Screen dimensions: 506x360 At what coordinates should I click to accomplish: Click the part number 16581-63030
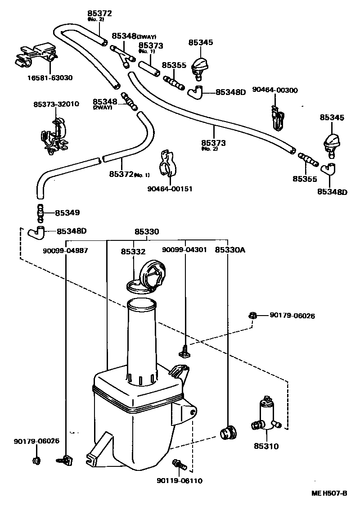pos(49,78)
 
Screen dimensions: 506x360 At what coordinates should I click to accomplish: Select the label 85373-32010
pos(56,104)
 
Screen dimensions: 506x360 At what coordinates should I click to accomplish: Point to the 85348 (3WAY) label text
pos(134,36)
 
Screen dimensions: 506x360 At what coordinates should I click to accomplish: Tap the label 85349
pos(67,212)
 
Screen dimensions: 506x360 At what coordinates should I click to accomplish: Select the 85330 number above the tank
pos(147,232)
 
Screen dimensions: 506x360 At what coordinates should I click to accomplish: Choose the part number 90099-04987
pos(66,250)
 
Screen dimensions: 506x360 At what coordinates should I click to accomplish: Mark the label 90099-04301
pos(184,249)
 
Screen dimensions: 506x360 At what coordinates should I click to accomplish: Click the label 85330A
pos(229,250)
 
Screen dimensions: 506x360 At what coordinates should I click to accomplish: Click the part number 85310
pos(266,447)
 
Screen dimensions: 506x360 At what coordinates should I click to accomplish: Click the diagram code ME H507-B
pos(329,493)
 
